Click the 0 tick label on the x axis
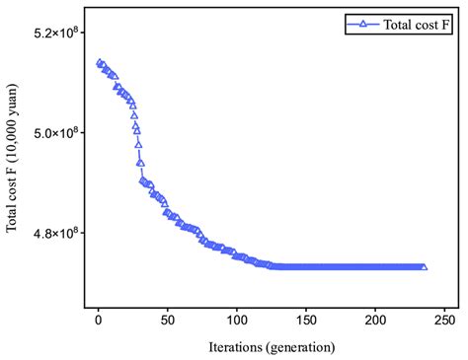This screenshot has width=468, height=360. click(98, 322)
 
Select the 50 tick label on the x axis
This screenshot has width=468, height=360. click(168, 322)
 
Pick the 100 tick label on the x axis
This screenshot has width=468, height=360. click(237, 322)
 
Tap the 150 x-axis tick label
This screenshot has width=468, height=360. click(306, 322)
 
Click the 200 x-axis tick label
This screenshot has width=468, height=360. click(376, 322)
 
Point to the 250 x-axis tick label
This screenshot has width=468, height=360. click(445, 322)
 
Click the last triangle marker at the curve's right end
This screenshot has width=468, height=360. click(425, 266)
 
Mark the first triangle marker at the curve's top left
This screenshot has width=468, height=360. click(99, 62)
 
